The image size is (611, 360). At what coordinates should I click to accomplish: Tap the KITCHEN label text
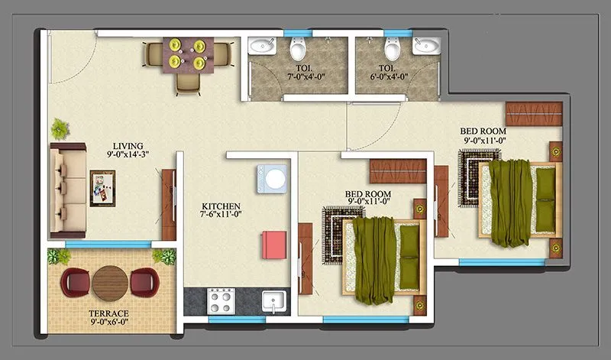[221, 206]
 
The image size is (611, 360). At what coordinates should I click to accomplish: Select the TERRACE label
[107, 313]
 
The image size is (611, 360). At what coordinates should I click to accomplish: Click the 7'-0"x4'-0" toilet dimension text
[305, 76]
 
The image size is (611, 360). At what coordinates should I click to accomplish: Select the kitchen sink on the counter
[273, 300]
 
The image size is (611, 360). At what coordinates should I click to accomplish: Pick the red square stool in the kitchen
[273, 245]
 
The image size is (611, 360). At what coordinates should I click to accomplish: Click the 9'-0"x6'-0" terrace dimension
[107, 323]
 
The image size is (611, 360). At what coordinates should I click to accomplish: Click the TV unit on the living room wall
[167, 204]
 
